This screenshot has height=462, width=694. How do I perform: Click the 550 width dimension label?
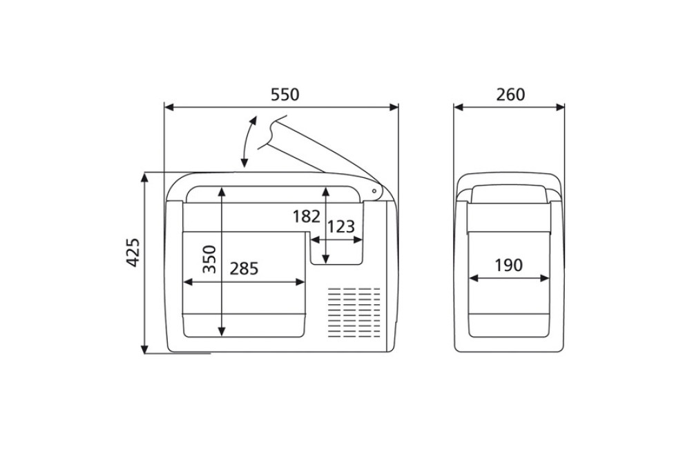click(285, 94)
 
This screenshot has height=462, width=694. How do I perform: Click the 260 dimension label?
click(510, 94)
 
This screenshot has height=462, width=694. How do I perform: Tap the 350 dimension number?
click(209, 259)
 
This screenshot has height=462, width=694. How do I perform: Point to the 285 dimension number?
click(244, 268)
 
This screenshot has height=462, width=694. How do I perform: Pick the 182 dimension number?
click(307, 217)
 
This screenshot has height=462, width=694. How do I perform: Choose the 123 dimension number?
click(341, 227)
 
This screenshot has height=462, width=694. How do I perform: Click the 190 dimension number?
click(508, 265)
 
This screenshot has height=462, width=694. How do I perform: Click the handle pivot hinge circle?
click(374, 192)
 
